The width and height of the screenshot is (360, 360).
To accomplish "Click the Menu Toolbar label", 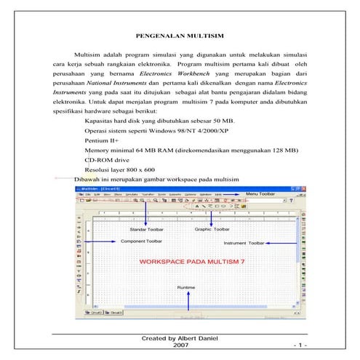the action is [x=260, y=195].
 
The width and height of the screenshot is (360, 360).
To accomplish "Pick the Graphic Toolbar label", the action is [x=212, y=229].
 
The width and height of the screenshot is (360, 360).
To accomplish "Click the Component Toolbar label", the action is [x=141, y=240].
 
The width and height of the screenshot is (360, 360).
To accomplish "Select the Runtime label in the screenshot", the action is [x=186, y=288].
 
